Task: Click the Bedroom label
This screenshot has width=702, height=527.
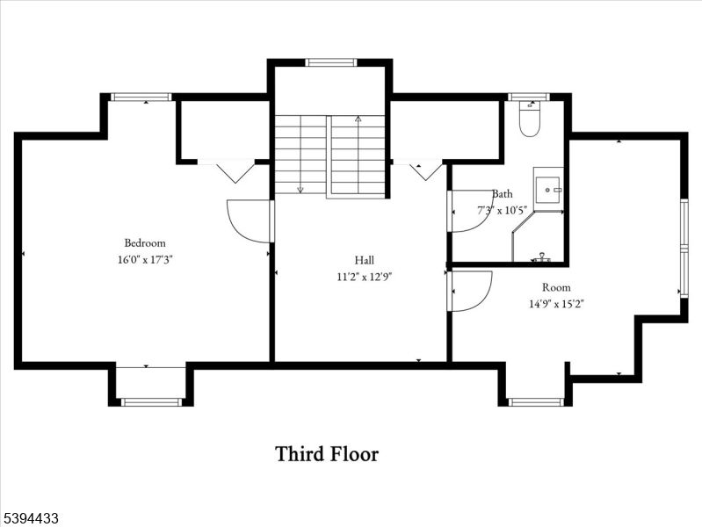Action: coord(144,243)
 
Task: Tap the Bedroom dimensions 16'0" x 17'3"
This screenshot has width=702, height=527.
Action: coord(144,259)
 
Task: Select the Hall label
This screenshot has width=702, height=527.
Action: coord(364,260)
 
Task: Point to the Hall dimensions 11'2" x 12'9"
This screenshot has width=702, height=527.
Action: coord(364,276)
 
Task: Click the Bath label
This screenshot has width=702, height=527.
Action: coord(502,194)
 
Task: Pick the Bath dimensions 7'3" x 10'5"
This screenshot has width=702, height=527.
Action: coord(502,210)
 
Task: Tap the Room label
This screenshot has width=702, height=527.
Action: coord(556,287)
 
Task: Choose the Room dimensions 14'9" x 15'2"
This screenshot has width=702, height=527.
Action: coord(556,304)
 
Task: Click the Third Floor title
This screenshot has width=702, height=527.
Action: coord(327,454)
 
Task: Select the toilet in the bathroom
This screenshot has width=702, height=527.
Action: coord(529,121)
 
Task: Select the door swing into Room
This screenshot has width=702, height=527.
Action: coord(470,290)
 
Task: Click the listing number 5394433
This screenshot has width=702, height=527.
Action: coord(31,519)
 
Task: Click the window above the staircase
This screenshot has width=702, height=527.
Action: coord(331,62)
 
